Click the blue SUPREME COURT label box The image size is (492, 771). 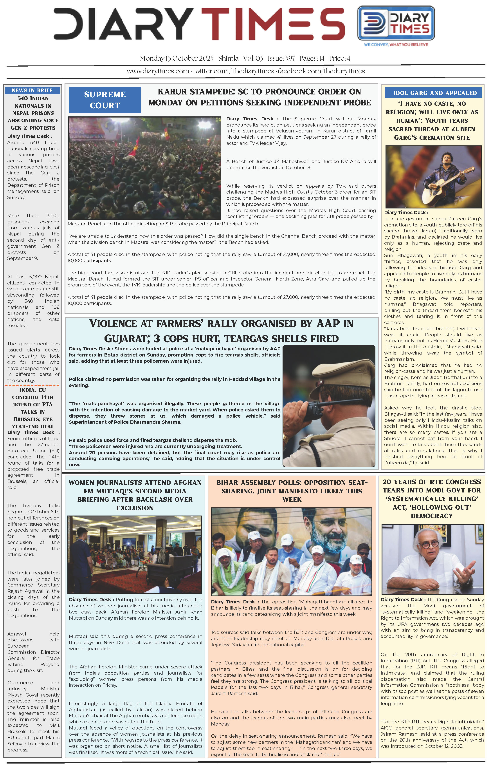[105, 100]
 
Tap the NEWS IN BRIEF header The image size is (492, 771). [32, 90]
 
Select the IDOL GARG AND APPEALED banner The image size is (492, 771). [435, 93]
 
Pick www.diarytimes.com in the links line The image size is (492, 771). [158, 71]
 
